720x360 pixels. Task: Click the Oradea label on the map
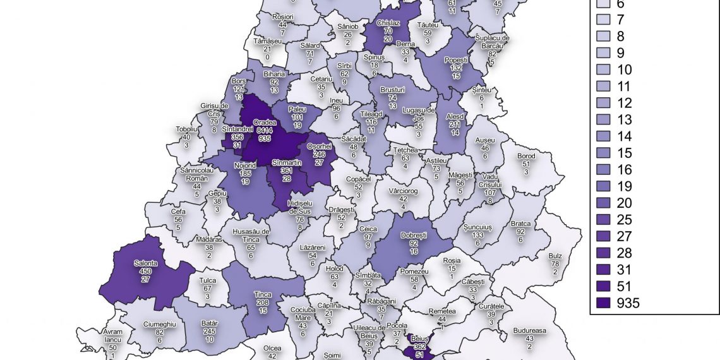coord(263,122)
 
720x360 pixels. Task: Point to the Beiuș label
coord(419,339)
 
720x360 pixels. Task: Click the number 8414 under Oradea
coord(263,129)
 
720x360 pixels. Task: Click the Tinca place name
coord(263,294)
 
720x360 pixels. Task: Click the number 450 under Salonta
coord(145,271)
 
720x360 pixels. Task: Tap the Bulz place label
coord(555,256)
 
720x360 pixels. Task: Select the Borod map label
coord(525,156)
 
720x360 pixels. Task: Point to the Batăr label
coord(210,323)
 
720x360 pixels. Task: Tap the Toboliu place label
coord(186,129)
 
